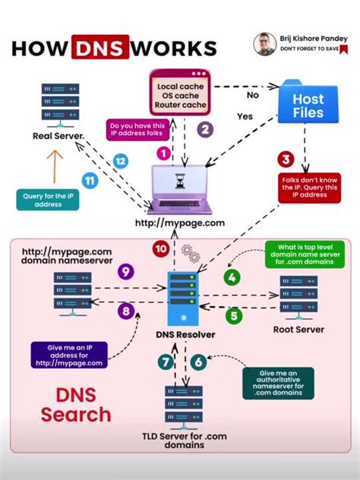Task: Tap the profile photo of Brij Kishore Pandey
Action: coord(264,44)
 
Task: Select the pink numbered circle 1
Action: coord(163,153)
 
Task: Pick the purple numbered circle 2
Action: coord(204,129)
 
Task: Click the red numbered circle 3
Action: coord(286,159)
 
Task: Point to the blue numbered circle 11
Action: coord(90,180)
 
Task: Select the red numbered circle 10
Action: coord(160,248)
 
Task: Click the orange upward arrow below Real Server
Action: coord(52,164)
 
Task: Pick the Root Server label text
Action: coord(298,330)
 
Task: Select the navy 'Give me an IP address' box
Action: coord(68,355)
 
